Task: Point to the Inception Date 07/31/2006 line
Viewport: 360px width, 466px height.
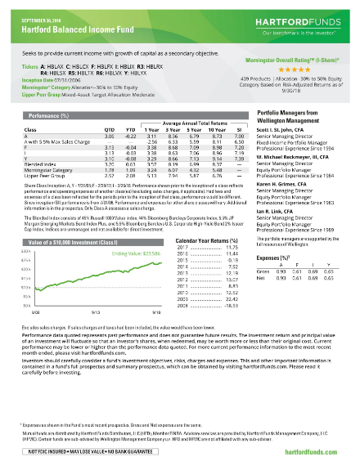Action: (x=57, y=78)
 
